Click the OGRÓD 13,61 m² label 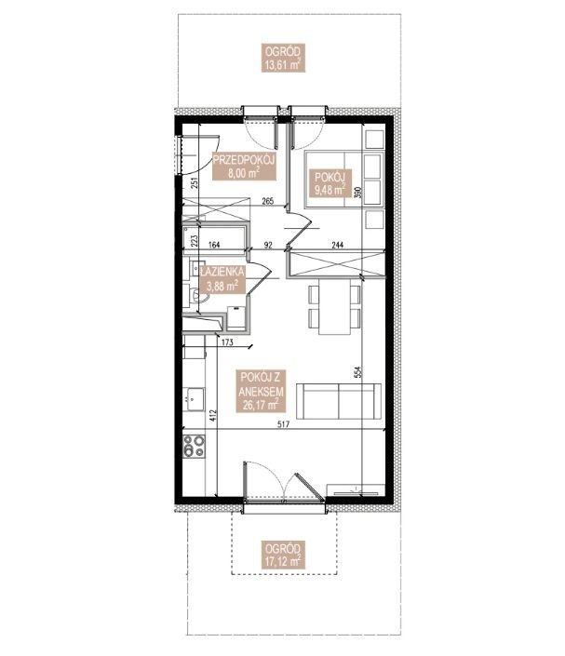(283, 58)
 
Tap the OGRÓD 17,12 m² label (283, 556)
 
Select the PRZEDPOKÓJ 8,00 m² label (244, 166)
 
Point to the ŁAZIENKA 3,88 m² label (222, 279)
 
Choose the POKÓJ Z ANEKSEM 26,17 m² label (262, 391)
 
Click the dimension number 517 (283, 424)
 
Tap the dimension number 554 (357, 372)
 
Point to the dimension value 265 (267, 202)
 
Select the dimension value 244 (337, 245)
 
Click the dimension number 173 (227, 343)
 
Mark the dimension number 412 (212, 415)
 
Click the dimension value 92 (268, 245)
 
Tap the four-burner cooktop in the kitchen (195, 446)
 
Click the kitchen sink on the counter (194, 399)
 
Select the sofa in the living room (339, 401)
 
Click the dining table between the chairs (334, 307)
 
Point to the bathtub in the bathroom (214, 238)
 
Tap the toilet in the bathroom (197, 295)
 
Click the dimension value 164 (214, 245)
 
